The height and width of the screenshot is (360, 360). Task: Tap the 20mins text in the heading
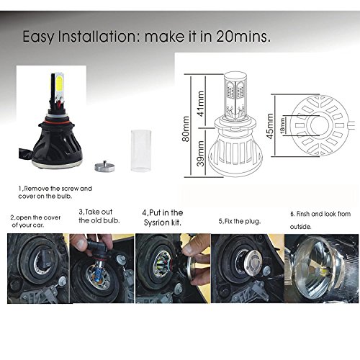click(x=243, y=37)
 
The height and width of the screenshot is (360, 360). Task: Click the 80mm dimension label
click(x=186, y=129)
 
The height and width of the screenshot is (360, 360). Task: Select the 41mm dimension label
click(x=201, y=104)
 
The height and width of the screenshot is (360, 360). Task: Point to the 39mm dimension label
click(x=201, y=153)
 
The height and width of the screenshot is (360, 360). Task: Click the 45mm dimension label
click(x=270, y=126)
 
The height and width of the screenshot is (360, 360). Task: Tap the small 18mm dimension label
click(x=283, y=125)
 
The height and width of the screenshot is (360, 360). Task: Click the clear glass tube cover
click(x=141, y=150)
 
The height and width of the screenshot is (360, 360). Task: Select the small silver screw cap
click(x=104, y=166)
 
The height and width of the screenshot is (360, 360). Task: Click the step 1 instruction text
click(x=55, y=192)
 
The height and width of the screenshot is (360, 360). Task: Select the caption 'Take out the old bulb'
click(x=99, y=216)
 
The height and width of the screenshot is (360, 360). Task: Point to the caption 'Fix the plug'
click(x=240, y=221)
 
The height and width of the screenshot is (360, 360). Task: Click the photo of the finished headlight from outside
click(x=321, y=269)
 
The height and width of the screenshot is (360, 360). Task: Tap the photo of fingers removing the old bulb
click(x=102, y=269)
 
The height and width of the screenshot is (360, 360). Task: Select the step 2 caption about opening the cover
click(x=35, y=221)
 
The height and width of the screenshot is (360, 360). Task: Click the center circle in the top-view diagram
click(x=319, y=125)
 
